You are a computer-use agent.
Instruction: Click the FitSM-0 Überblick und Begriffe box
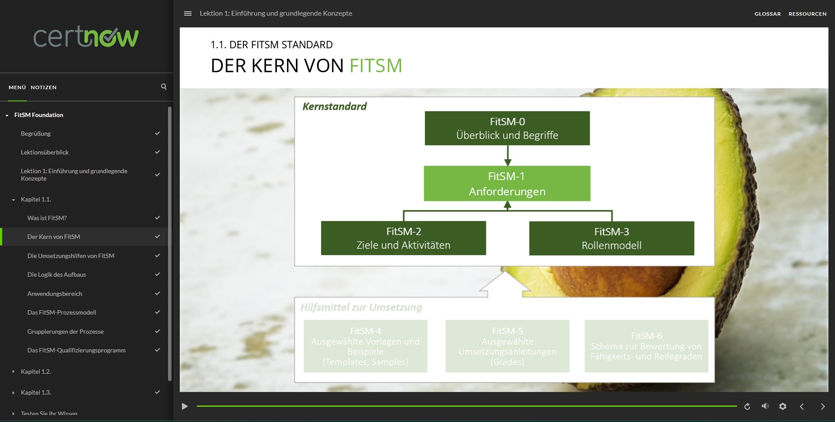click(507, 128)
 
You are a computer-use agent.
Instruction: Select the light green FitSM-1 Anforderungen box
click(507, 184)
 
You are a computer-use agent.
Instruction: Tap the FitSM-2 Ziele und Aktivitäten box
click(403, 238)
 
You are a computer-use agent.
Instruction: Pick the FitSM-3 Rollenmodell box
click(611, 238)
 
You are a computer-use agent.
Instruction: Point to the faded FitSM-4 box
click(365, 346)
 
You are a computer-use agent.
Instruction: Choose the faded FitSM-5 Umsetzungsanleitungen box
click(507, 346)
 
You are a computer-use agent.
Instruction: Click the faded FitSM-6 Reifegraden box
click(646, 346)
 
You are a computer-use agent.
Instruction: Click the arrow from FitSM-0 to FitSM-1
click(508, 155)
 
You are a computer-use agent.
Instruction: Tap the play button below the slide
click(185, 406)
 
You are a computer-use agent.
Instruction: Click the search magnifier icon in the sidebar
click(164, 87)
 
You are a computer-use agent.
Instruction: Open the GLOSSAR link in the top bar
click(768, 14)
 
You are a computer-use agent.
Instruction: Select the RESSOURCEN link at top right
click(807, 14)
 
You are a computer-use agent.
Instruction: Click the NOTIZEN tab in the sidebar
click(44, 87)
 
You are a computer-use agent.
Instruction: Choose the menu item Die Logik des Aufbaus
click(57, 275)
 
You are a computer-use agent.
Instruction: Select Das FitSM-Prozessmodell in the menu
click(62, 312)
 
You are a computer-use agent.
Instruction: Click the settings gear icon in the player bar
click(783, 406)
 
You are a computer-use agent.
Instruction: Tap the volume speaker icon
click(765, 406)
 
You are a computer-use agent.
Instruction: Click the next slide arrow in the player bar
click(822, 406)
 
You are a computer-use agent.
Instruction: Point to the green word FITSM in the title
click(376, 66)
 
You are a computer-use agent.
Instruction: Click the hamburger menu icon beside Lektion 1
click(188, 13)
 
